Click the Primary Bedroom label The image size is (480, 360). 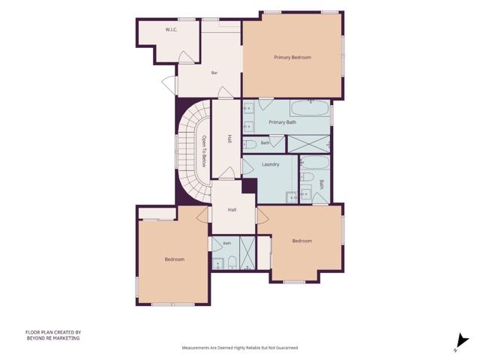coord(292,57)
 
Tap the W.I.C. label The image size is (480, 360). coord(172,29)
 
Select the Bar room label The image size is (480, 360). coord(214,73)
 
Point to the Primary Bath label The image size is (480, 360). coord(282,122)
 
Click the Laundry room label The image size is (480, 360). coord(270,164)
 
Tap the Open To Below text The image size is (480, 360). coord(204,151)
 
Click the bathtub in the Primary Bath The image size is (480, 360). coord(310,108)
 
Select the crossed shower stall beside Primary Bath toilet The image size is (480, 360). coord(308,144)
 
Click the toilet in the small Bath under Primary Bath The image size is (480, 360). coord(250,144)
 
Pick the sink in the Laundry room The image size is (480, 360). coord(292,197)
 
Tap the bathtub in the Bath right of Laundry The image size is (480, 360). coord(315,163)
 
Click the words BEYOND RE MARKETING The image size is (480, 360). coord(53,338)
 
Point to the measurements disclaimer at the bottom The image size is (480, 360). coord(240,348)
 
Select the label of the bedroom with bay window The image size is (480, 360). coord(302,241)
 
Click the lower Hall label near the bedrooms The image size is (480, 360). coord(232,210)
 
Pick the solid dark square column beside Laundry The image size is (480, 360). coord(250,186)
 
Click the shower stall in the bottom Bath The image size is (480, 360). coord(247,253)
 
